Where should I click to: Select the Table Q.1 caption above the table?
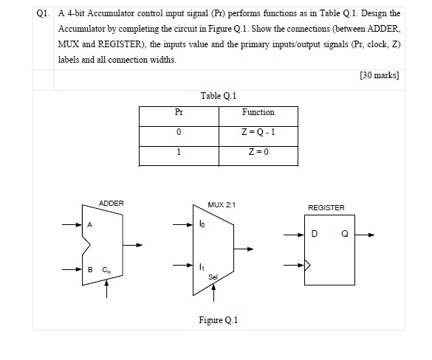[218, 96]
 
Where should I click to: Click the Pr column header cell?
[178, 113]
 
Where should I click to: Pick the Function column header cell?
[258, 113]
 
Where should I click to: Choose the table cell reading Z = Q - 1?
[258, 134]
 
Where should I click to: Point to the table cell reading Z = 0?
[258, 153]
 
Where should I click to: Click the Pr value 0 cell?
[178, 134]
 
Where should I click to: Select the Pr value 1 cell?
[178, 153]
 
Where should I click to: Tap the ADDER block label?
[112, 203]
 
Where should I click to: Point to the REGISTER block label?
[326, 208]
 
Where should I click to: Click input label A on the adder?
[91, 225]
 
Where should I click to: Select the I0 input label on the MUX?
[201, 224]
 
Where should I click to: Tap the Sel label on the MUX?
[213, 277]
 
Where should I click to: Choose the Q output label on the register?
[344, 235]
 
